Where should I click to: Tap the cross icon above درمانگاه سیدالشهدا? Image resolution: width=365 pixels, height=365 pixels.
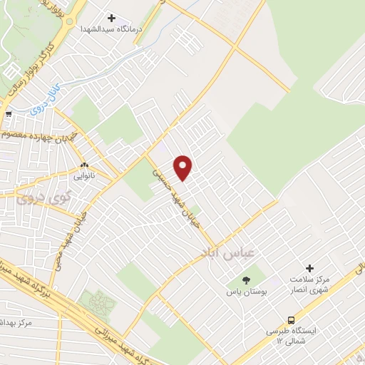pos(111,17)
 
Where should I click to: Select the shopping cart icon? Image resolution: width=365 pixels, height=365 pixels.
pos(8,113)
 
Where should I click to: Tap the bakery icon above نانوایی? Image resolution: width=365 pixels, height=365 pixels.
pos(84,163)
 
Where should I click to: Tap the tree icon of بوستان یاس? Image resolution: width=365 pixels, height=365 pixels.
pos(247,281)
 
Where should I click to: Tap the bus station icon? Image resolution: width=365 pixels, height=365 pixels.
pos(291,319)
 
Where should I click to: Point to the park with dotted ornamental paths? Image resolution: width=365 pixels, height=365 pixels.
pos(97,303)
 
